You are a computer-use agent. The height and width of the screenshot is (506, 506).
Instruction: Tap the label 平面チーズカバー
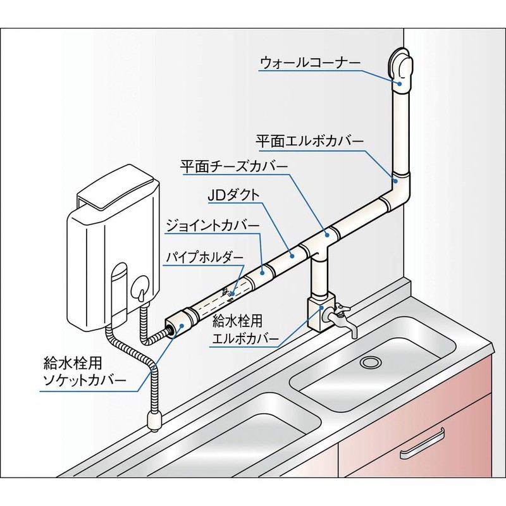click(x=234, y=166)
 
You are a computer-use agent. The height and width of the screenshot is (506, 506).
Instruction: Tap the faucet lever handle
click(x=341, y=308)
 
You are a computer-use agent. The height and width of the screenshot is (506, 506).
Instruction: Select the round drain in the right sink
click(x=370, y=362)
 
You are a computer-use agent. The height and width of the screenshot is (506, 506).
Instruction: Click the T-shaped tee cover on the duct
click(x=317, y=244)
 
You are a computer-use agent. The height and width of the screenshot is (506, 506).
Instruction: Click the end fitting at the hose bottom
click(x=152, y=419)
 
